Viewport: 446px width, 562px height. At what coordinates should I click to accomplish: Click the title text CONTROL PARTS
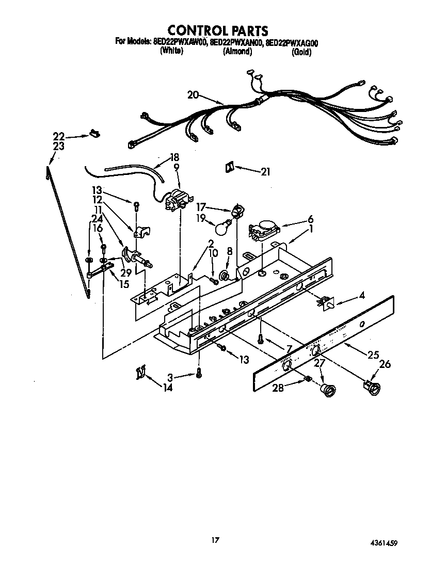(x=218, y=31)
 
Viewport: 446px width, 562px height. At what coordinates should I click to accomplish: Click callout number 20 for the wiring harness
(x=193, y=95)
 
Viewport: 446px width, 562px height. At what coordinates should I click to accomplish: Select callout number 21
(x=265, y=172)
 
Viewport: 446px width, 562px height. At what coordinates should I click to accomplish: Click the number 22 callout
(x=59, y=136)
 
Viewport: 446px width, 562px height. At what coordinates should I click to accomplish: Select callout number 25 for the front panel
(x=373, y=355)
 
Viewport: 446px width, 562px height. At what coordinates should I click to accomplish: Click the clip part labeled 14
(x=140, y=372)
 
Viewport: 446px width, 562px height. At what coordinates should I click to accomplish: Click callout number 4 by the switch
(x=362, y=296)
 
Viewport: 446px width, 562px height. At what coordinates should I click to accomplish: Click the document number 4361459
(x=383, y=543)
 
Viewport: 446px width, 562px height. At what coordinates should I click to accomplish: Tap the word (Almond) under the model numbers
(x=237, y=52)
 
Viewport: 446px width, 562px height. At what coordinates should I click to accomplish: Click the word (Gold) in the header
(x=301, y=52)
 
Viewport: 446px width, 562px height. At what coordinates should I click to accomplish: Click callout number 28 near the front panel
(x=278, y=388)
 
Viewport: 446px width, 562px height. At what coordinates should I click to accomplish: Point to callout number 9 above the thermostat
(x=176, y=167)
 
